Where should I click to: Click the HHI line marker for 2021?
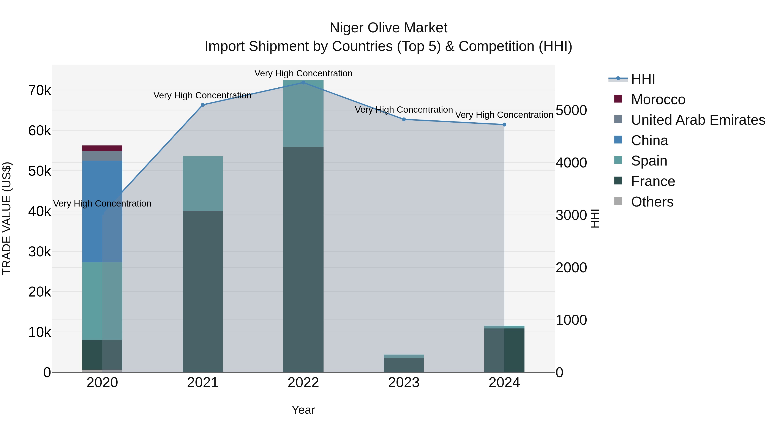click(203, 105)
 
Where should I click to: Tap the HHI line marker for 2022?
click(303, 83)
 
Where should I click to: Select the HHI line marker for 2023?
click(404, 119)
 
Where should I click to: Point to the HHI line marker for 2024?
click(504, 125)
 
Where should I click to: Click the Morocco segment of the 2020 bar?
click(102, 148)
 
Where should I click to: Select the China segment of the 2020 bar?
click(102, 211)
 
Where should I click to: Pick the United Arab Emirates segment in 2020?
click(102, 156)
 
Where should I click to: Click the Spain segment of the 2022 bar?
click(303, 113)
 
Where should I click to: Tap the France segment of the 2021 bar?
click(203, 291)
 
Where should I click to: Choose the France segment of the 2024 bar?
click(504, 350)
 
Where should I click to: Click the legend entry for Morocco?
click(658, 99)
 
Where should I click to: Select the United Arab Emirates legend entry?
click(698, 120)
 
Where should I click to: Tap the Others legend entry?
click(652, 202)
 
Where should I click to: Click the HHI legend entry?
click(643, 79)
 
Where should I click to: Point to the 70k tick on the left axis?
click(39, 90)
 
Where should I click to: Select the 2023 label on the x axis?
click(404, 383)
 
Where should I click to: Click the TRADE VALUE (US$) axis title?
click(7, 218)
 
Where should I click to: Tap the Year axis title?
click(303, 410)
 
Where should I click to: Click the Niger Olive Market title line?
click(388, 28)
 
